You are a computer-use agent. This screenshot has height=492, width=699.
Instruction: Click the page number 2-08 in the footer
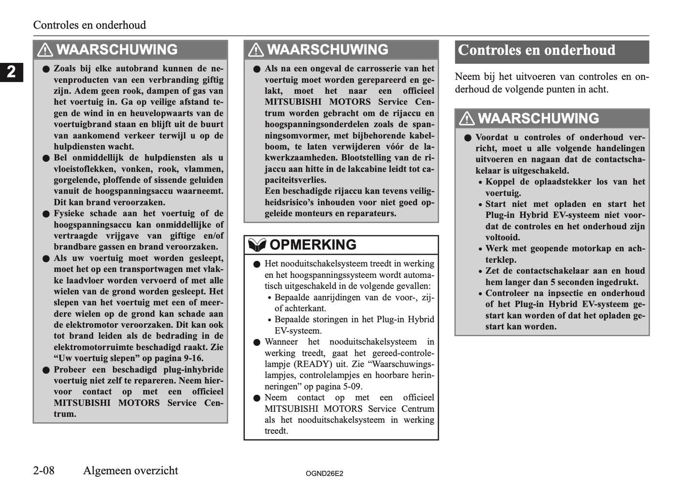[x=44, y=470]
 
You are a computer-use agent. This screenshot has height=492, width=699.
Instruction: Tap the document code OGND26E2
[x=324, y=474]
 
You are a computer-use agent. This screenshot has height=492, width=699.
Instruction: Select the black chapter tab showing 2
[x=11, y=72]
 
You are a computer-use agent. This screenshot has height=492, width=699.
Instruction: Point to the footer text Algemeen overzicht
[x=131, y=470]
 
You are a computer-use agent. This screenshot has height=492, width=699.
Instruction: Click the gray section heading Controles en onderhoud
[x=536, y=50]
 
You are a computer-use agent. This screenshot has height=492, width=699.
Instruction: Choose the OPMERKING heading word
[x=312, y=245]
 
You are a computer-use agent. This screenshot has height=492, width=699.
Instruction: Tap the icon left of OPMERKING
[x=257, y=245]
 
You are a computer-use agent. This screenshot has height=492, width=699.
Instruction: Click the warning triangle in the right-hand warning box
[x=466, y=118]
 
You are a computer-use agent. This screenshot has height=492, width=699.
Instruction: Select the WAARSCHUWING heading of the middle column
[x=327, y=50]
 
